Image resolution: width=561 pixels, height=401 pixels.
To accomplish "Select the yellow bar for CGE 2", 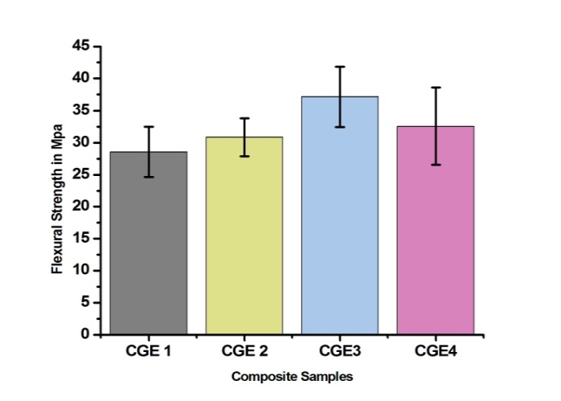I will (244, 241).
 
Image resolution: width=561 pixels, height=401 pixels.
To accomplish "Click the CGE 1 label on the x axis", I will (149, 351).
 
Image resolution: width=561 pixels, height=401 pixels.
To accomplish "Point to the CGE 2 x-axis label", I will (244, 351).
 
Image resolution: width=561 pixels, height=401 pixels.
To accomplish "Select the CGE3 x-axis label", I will (340, 351).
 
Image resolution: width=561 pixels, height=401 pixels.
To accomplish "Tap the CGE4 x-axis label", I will (436, 351).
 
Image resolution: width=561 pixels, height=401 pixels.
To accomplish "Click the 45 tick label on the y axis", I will (80, 47).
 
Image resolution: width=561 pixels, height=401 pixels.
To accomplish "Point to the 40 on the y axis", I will (80, 79).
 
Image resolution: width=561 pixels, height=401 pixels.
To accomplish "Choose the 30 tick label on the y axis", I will (80, 143).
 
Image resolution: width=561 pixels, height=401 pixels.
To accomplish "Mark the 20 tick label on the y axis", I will (80, 207).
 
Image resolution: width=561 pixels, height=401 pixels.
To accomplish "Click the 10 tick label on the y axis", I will (80, 271).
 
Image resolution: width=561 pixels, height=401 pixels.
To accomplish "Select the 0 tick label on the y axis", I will (84, 334).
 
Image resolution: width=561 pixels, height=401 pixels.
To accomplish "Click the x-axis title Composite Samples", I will (292, 376).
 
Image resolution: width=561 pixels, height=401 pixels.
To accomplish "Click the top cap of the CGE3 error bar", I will (340, 67).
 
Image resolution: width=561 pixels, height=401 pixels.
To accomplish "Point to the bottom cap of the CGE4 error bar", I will (436, 165).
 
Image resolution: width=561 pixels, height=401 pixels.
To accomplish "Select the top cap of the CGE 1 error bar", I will (149, 127).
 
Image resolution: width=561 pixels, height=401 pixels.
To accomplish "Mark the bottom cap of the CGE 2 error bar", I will (244, 156).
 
